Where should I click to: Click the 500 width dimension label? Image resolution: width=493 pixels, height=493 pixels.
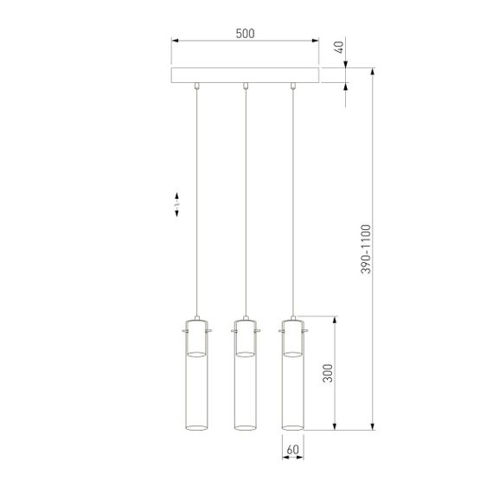click(245, 34)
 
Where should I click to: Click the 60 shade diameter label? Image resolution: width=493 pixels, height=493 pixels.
click(292, 450)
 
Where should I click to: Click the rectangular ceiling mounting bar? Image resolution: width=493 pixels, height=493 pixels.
click(245, 75)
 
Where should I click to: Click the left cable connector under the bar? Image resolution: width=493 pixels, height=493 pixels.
click(198, 86)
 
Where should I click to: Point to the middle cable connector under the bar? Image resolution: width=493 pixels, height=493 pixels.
click(246, 86)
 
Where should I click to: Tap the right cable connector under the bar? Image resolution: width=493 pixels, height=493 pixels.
click(293, 86)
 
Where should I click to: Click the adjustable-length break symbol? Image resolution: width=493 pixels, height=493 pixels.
click(176, 204)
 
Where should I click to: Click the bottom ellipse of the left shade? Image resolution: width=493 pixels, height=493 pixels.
click(197, 426)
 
